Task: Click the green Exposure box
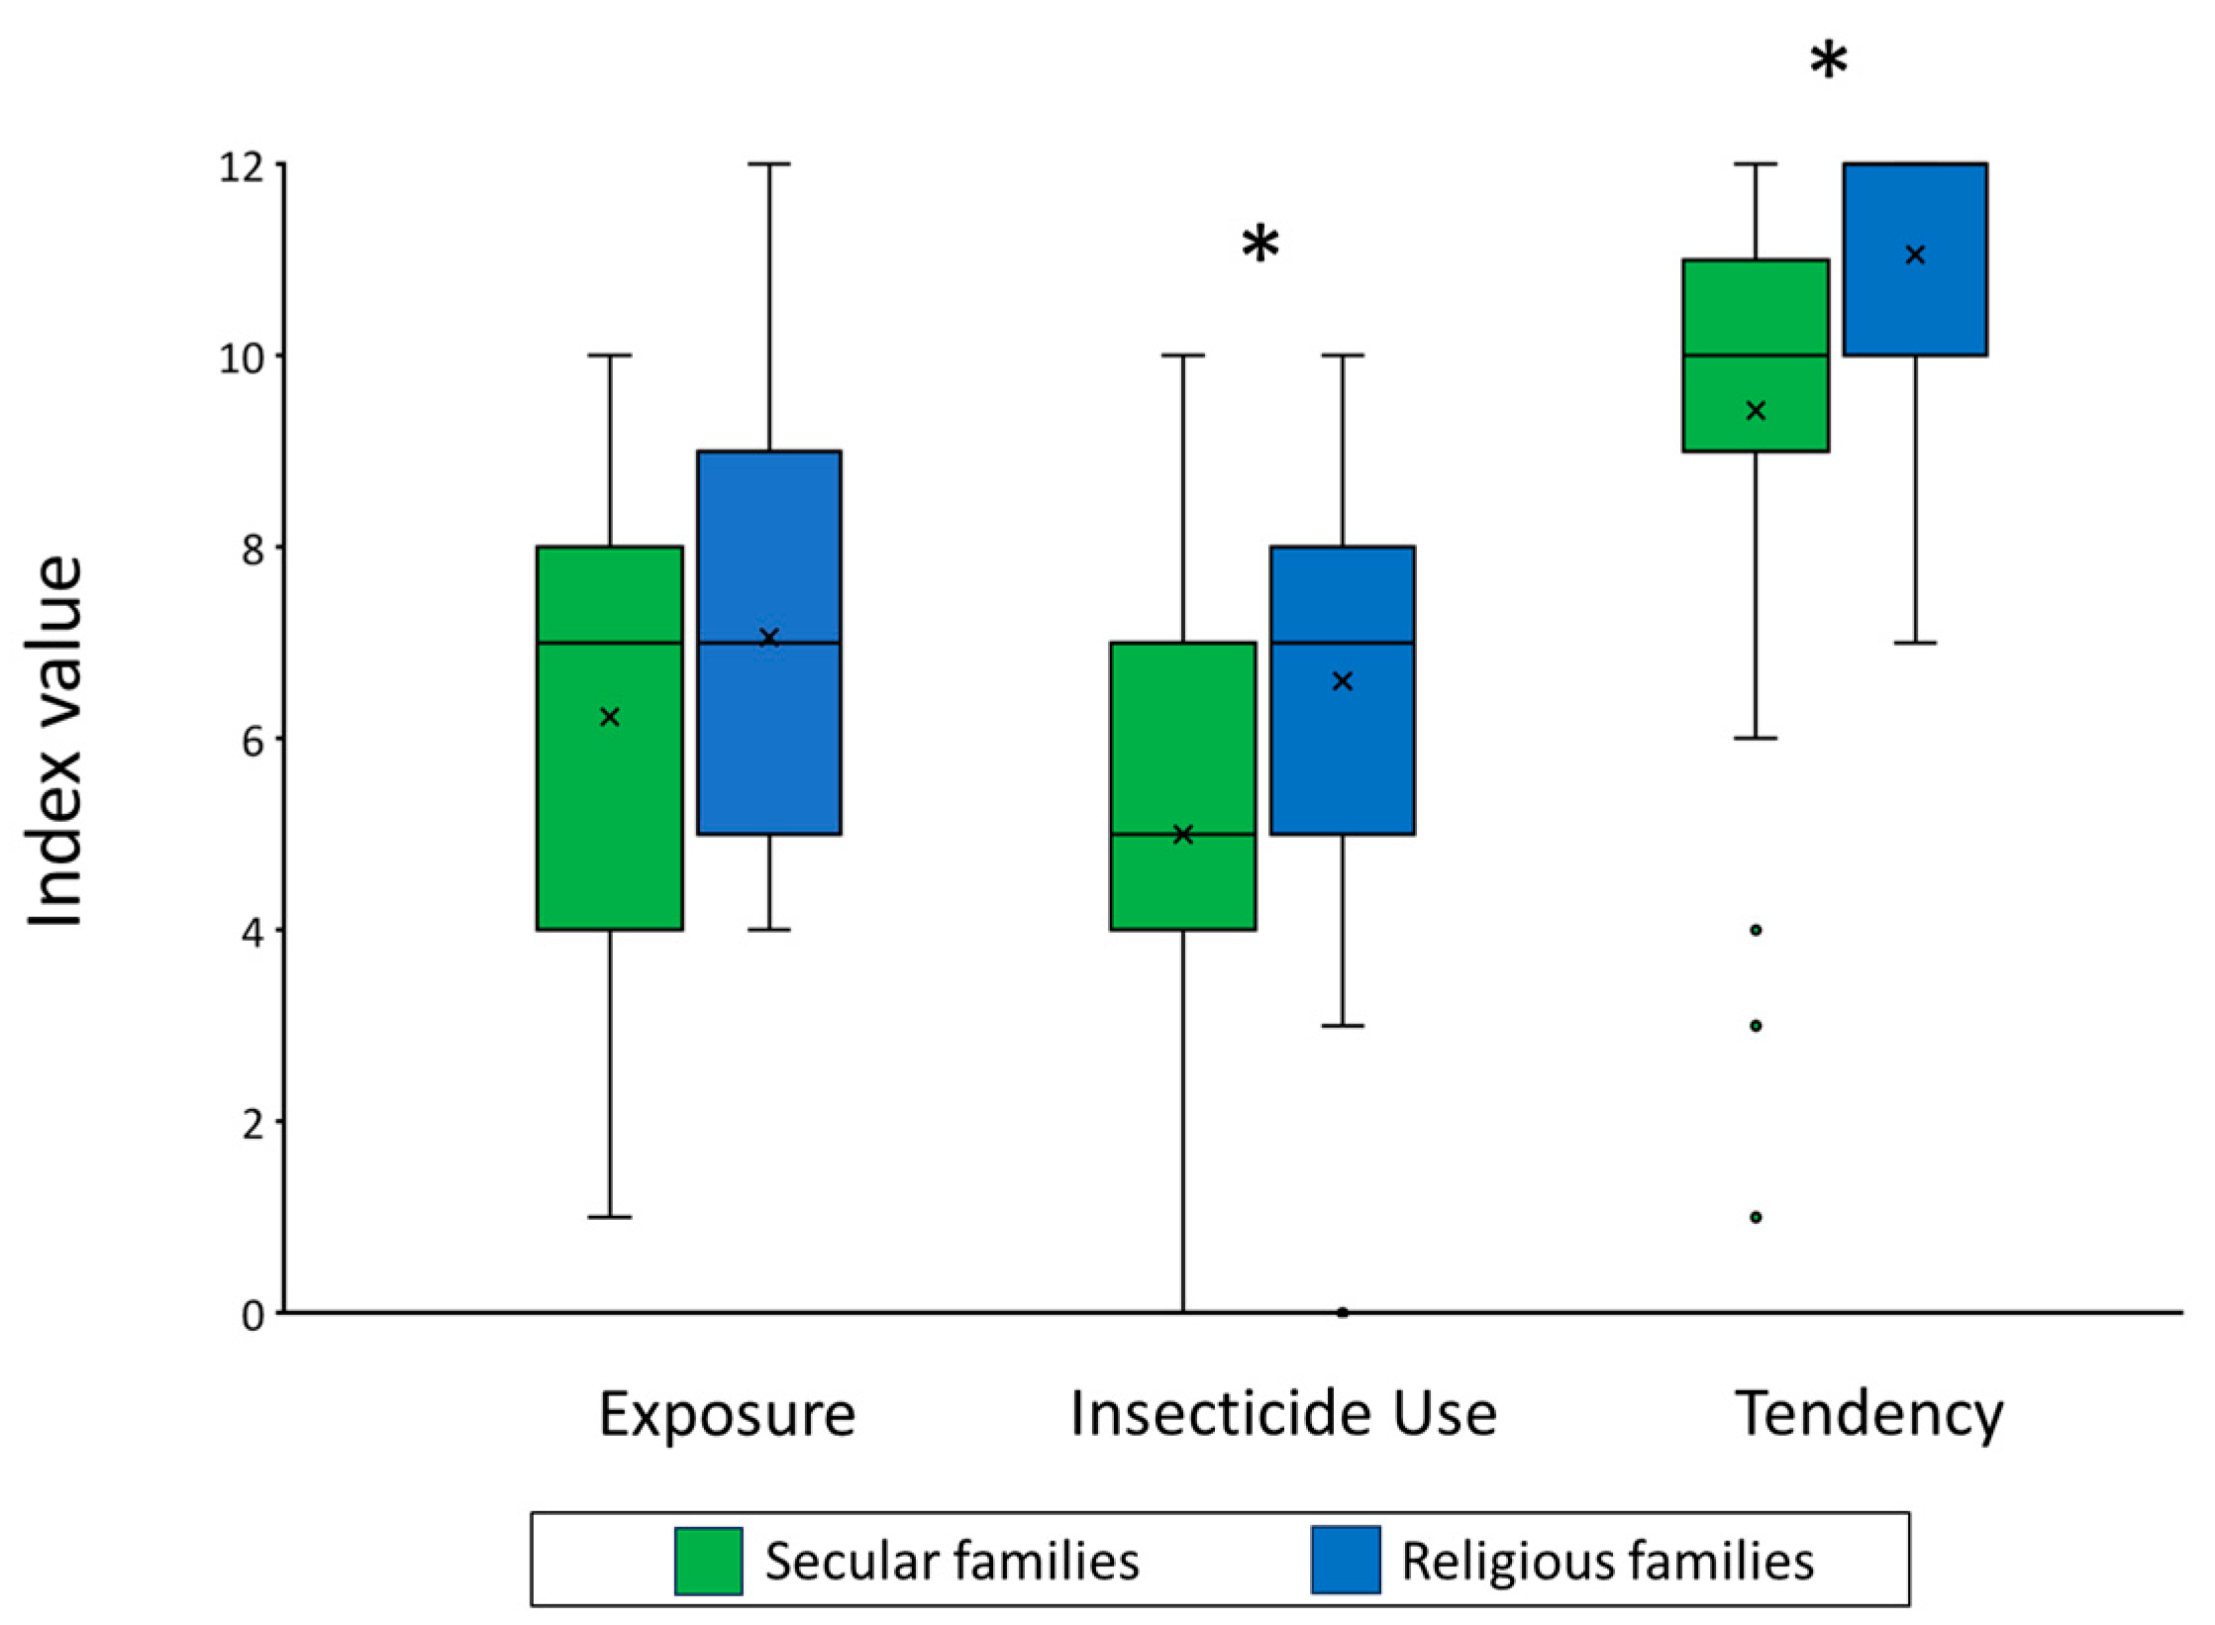click(x=610, y=738)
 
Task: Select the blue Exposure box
click(x=769, y=642)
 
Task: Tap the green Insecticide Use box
click(x=1183, y=785)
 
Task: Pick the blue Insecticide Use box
click(x=1343, y=689)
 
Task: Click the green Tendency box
click(x=1756, y=355)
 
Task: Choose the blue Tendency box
click(x=1915, y=258)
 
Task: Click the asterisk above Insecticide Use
click(x=1260, y=243)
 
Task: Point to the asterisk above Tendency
click(x=1829, y=61)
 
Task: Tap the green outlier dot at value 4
click(x=1757, y=930)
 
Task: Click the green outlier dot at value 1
click(x=1757, y=1217)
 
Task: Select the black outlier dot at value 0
click(x=1343, y=1313)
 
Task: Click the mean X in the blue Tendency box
click(x=1915, y=255)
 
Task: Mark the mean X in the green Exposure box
click(x=610, y=717)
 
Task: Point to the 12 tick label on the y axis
click(x=242, y=166)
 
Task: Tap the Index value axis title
click(x=54, y=741)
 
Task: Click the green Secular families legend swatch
click(x=709, y=1561)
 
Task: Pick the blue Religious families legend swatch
click(x=1346, y=1560)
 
